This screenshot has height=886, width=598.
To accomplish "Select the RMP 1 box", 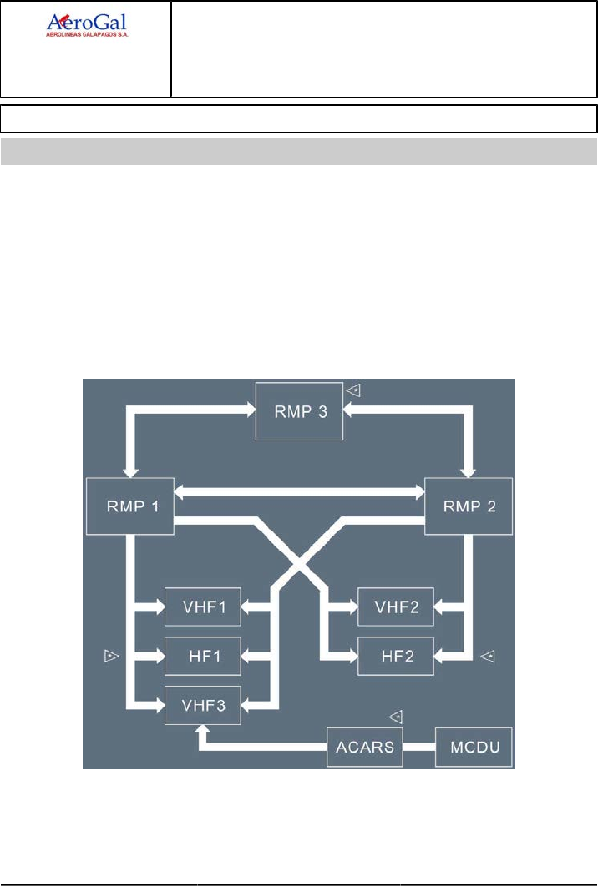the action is coord(129,506).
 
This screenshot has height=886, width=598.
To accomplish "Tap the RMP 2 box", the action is coord(468,506).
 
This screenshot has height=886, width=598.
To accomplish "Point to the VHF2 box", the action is coord(395,607).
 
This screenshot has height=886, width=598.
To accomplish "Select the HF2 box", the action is coord(395,656).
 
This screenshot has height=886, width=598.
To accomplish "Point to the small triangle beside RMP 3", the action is coord(354,389).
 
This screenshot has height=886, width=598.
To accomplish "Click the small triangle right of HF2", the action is coord(489,657).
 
